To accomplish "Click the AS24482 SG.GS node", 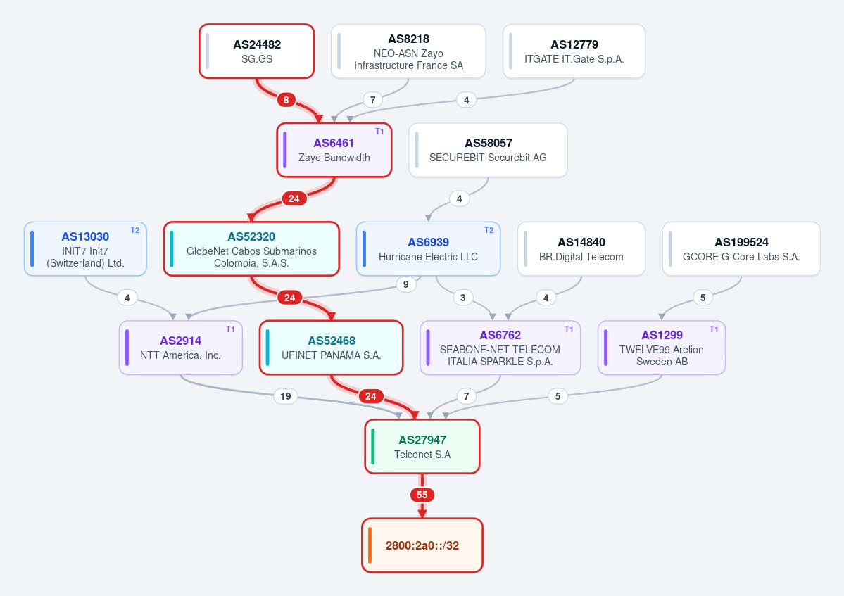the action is pyautogui.click(x=257, y=51).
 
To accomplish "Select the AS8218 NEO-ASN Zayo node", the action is pyautogui.click(x=408, y=51).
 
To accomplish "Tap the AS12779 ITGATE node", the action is pyautogui.click(x=574, y=51).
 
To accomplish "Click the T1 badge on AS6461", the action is pyautogui.click(x=379, y=132).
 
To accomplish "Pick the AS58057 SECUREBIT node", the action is pyautogui.click(x=489, y=150).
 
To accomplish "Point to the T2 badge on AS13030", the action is pyautogui.click(x=134, y=230).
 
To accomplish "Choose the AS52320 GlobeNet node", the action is pyautogui.click(x=251, y=249).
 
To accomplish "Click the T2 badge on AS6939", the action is pyautogui.click(x=489, y=230).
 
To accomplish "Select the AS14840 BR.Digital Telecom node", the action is pyautogui.click(x=581, y=249).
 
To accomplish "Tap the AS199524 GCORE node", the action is pyautogui.click(x=741, y=249).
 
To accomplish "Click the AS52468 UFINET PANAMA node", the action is pyautogui.click(x=331, y=348).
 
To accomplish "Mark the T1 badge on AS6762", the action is pyautogui.click(x=568, y=329).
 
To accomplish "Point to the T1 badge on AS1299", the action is pyautogui.click(x=714, y=329).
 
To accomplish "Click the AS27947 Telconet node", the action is pyautogui.click(x=422, y=446).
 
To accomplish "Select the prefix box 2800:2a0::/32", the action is pyautogui.click(x=422, y=545).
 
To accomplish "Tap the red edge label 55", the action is pyautogui.click(x=422, y=495).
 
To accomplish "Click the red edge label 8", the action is pyautogui.click(x=286, y=99).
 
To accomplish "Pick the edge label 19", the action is pyautogui.click(x=285, y=396).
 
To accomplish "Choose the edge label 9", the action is pyautogui.click(x=406, y=284).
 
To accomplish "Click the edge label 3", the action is pyautogui.click(x=463, y=298).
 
